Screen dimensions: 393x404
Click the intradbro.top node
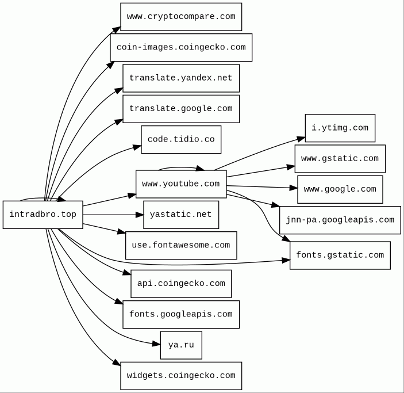coord(43,215)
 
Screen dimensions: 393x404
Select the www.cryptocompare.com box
coord(181,17)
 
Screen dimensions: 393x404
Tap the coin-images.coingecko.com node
coord(181,47)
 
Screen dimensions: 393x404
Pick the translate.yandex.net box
coord(181,78)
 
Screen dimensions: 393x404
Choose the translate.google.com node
coord(181,109)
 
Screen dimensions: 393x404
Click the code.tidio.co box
coord(181,140)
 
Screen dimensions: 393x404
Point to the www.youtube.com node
coord(181,184)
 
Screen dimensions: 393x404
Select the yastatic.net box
coord(181,215)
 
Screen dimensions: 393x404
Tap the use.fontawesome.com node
coord(181,246)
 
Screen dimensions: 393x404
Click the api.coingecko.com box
coord(181,284)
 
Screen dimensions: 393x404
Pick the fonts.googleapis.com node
coord(181,315)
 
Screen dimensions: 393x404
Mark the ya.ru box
coord(181,345)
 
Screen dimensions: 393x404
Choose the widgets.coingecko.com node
coord(181,376)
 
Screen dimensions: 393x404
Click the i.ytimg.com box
coord(340,128)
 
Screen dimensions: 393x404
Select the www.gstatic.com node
coord(340,159)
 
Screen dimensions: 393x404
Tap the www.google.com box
coord(340,189)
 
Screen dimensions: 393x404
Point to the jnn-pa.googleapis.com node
coord(340,220)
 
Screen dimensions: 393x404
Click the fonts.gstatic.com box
coord(340,255)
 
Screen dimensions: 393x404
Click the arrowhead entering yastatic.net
coord(140,215)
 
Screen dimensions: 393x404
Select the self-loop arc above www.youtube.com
coord(178,167)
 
